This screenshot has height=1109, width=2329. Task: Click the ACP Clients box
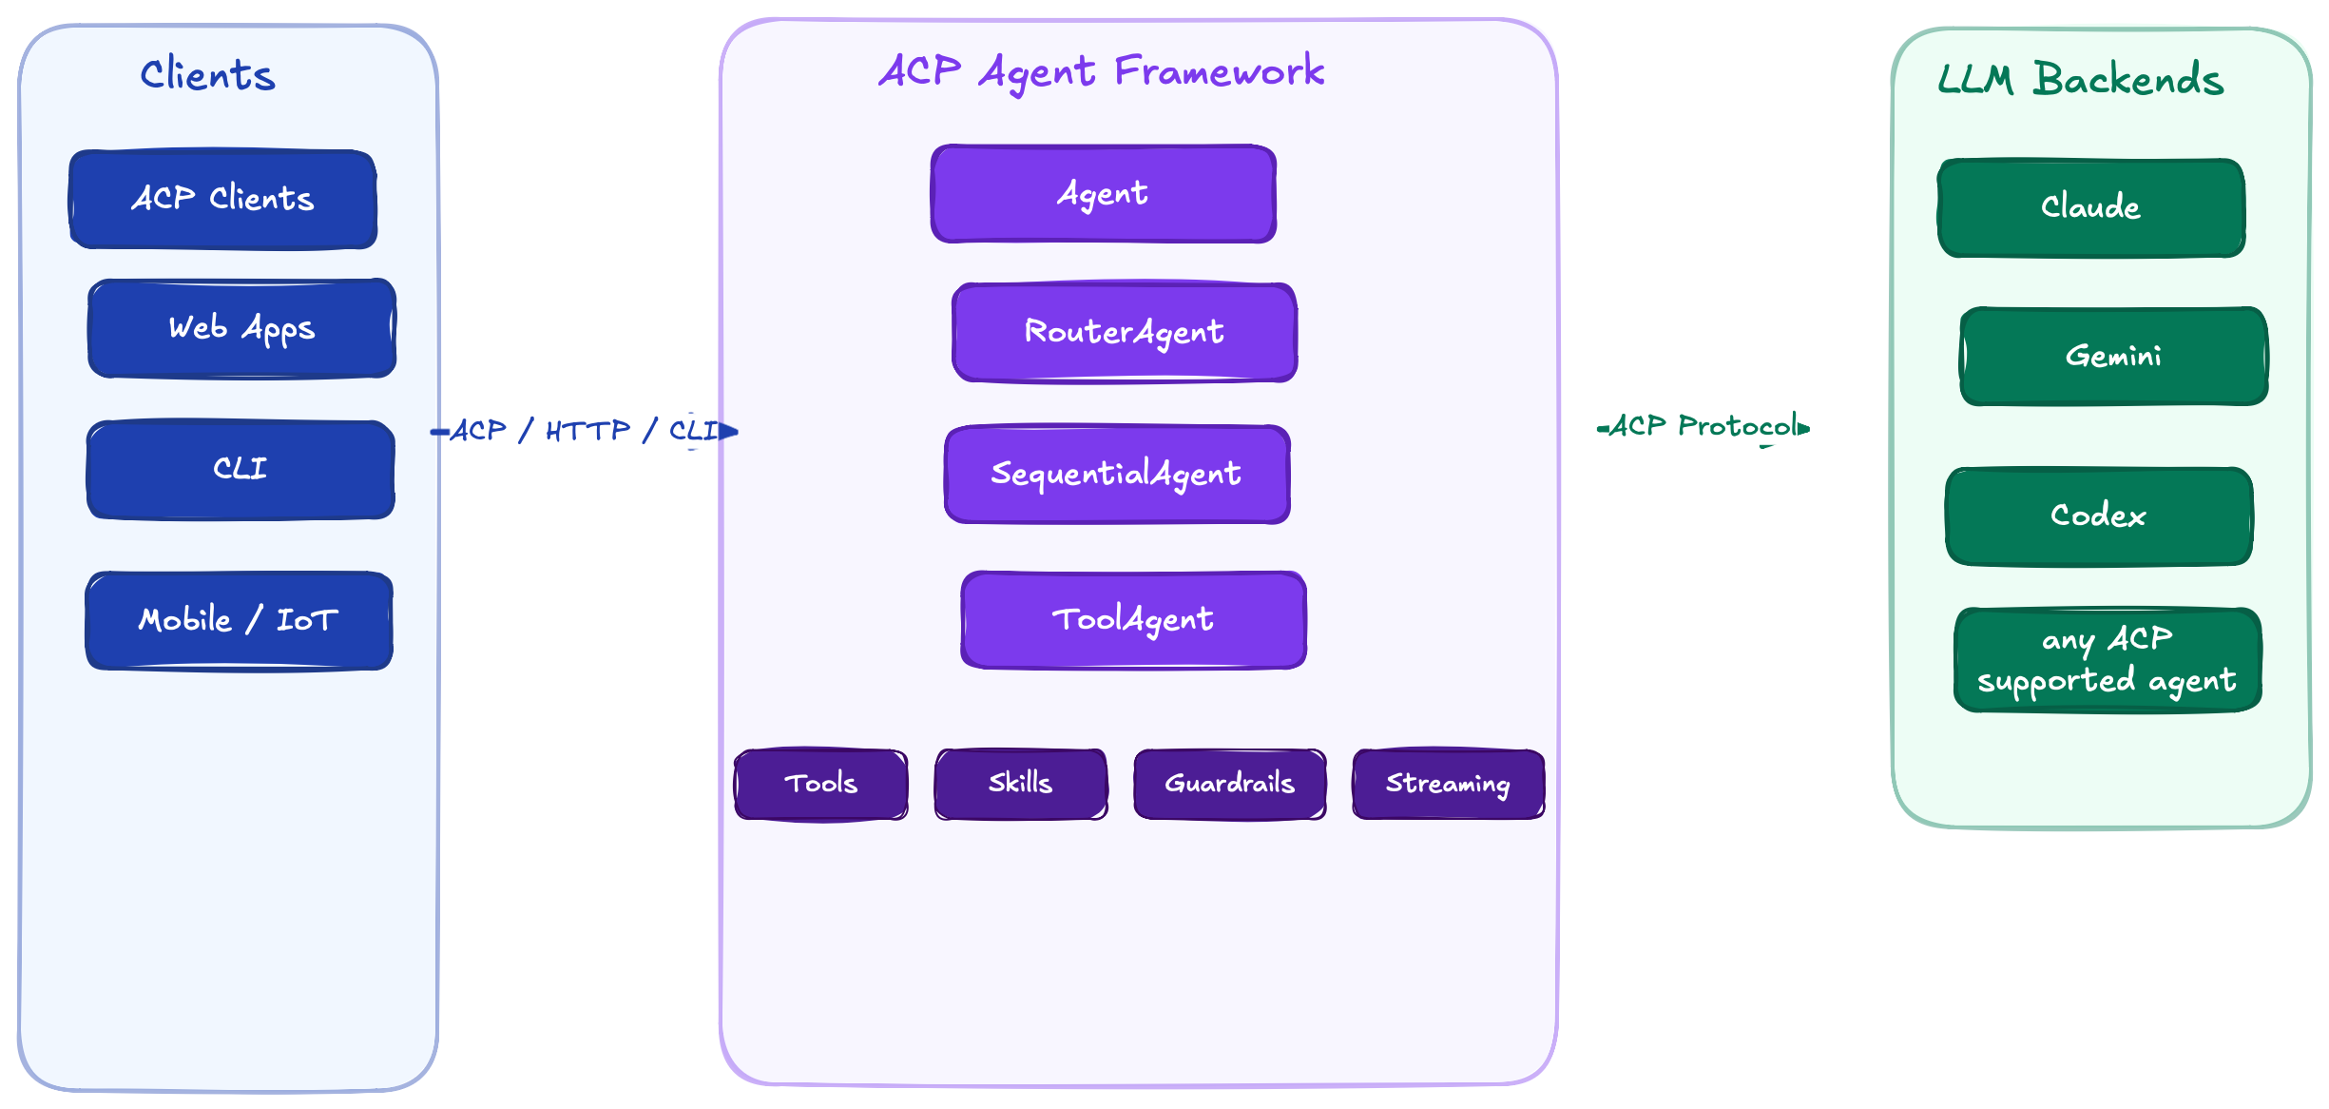(x=222, y=199)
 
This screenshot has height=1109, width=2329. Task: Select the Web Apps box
(x=241, y=328)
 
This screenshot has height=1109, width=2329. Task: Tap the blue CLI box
(x=241, y=469)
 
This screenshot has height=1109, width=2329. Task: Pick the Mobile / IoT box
(x=239, y=620)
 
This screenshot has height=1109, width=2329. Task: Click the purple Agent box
(x=1103, y=194)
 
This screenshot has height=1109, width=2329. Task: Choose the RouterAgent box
(x=1124, y=332)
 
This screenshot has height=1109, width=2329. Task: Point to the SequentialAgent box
(x=1117, y=474)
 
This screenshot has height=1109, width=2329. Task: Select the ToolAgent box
(x=1133, y=619)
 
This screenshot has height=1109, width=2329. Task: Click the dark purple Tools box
(x=821, y=784)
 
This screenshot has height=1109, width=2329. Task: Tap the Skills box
(x=1021, y=784)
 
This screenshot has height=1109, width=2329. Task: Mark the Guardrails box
(x=1230, y=784)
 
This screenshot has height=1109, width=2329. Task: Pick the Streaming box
(x=1448, y=784)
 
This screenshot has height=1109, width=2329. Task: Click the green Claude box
(x=2090, y=207)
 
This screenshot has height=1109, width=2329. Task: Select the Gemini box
(x=2113, y=356)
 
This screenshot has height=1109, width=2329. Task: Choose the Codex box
(x=2099, y=516)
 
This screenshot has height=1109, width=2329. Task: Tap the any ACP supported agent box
(x=2107, y=660)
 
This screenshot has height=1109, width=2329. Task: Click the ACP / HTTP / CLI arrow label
(x=584, y=431)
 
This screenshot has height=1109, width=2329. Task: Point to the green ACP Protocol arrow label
(x=1703, y=426)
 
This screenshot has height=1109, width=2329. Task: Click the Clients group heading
(x=207, y=75)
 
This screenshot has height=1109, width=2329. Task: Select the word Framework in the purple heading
(x=1219, y=72)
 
